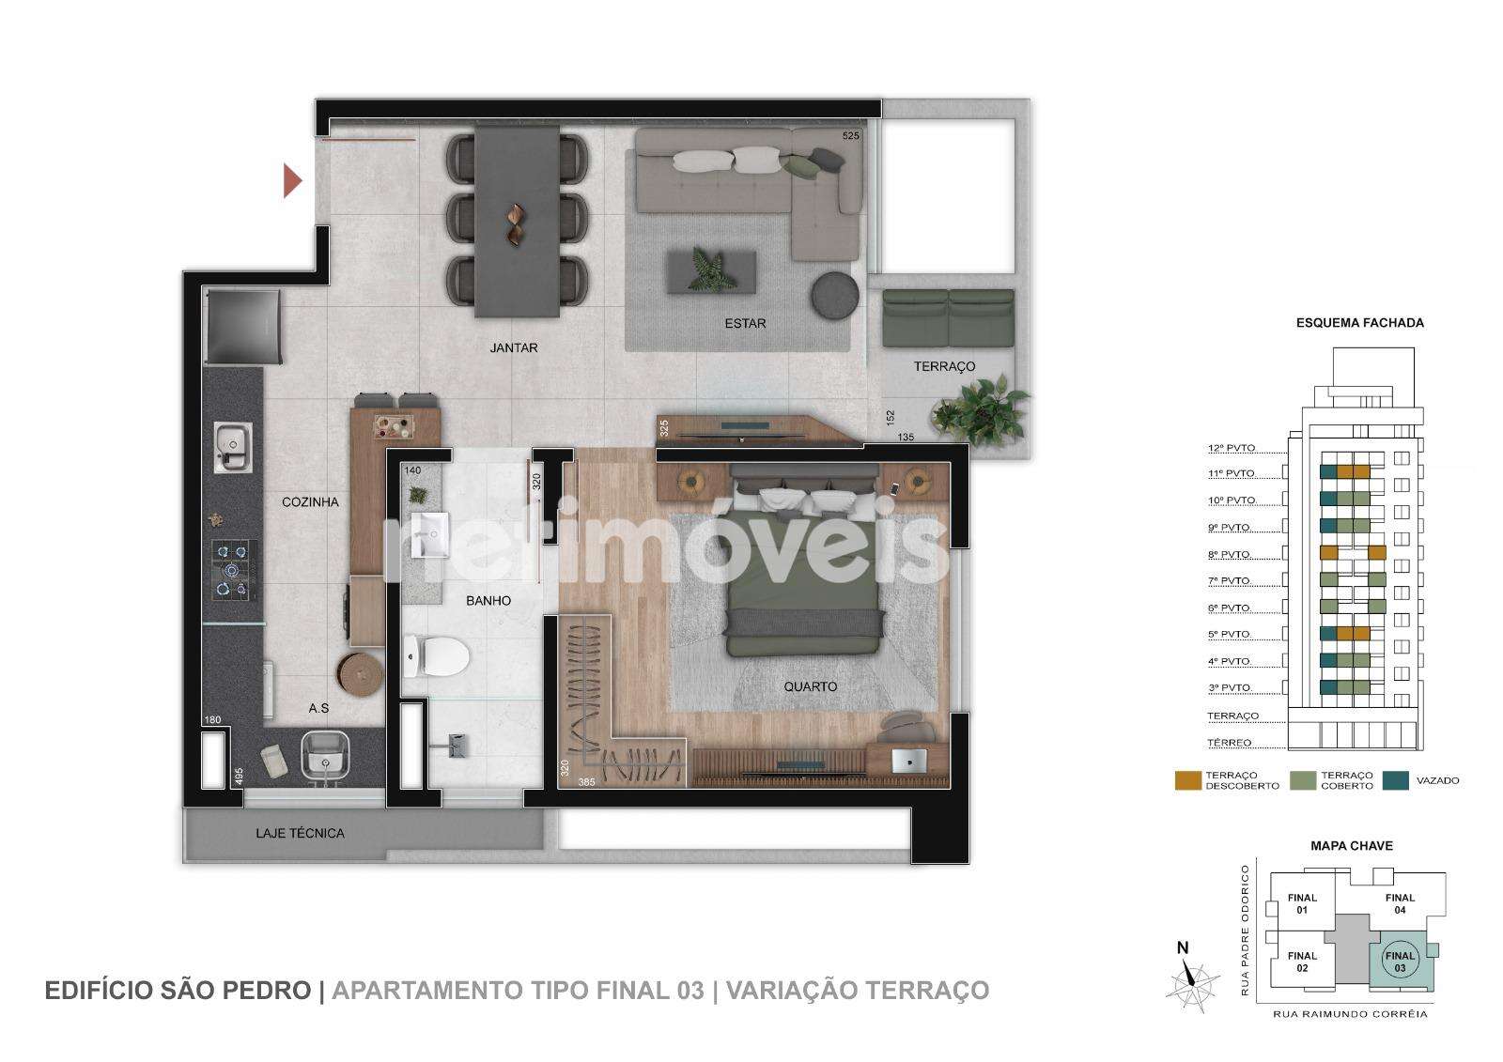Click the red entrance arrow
[x=292, y=180]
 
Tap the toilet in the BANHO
[x=436, y=656]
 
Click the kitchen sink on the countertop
[x=233, y=448]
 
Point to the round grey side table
[x=835, y=295]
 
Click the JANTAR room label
[x=513, y=347]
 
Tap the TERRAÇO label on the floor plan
[x=944, y=366]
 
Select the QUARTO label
[x=811, y=686]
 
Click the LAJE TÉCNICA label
[x=300, y=833]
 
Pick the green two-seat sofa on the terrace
[x=948, y=318]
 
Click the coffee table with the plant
[x=711, y=271]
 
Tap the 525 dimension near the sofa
[x=851, y=135]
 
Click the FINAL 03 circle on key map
[x=1400, y=962]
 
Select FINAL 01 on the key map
[x=1302, y=903]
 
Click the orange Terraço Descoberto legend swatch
[x=1187, y=780]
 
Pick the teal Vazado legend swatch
[x=1396, y=780]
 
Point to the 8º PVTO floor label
[x=1230, y=554]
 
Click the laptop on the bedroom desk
[x=910, y=761]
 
